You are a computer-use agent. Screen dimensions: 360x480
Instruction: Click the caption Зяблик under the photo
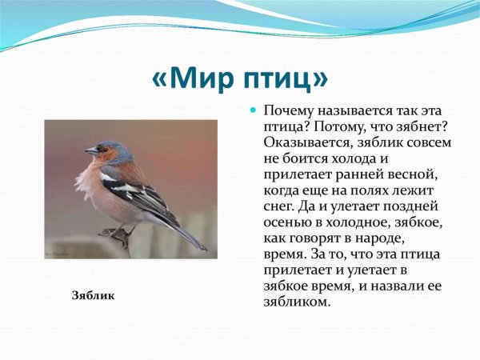point(94,295)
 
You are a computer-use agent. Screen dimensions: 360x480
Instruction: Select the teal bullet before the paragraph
point(254,109)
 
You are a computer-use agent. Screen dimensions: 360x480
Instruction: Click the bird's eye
point(102,147)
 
